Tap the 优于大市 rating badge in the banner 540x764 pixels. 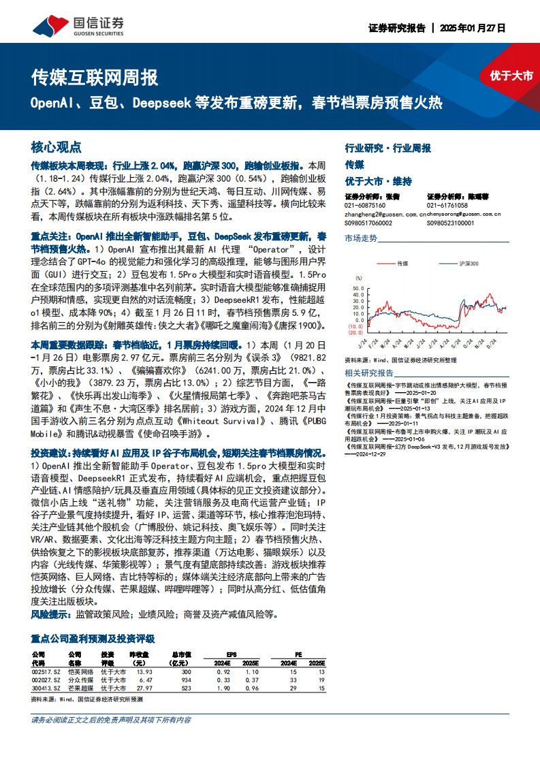click(511, 76)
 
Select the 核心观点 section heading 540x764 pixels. click(57, 146)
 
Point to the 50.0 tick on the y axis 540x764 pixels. click(358, 289)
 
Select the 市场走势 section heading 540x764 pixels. click(360, 238)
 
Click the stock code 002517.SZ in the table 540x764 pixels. click(46, 671)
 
